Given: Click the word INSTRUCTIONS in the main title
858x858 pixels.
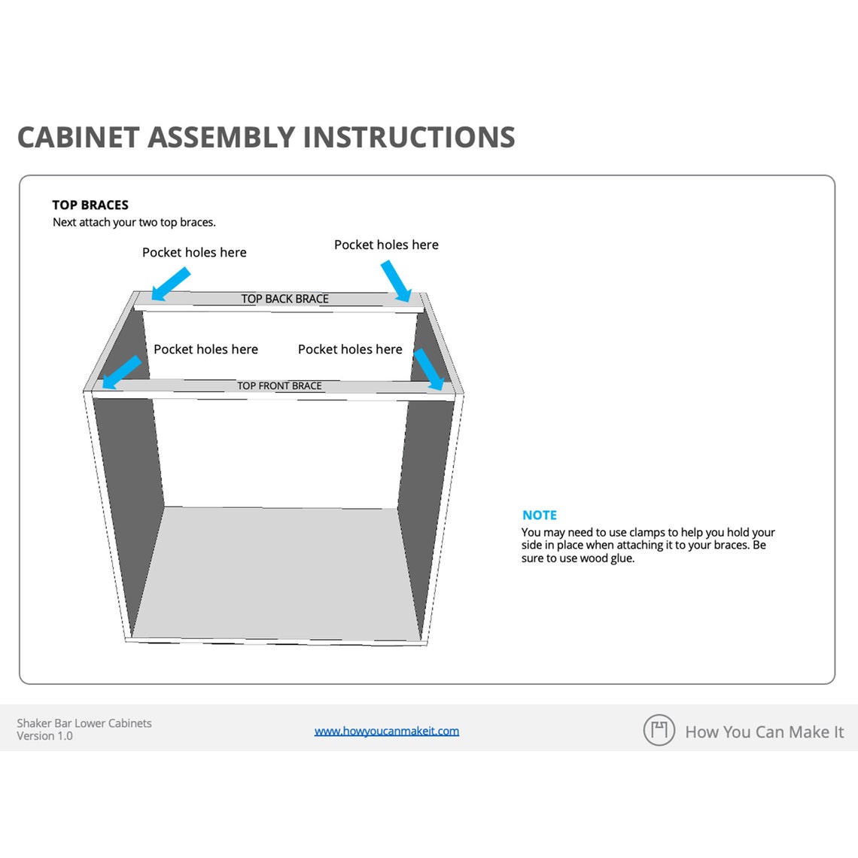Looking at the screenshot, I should [x=409, y=138].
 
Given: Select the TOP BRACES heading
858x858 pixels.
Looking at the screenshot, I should [x=90, y=205].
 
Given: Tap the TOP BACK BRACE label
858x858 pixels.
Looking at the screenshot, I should [x=284, y=299].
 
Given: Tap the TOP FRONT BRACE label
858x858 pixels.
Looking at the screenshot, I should [x=279, y=386].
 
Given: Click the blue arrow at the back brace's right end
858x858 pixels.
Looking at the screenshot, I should [x=396, y=281].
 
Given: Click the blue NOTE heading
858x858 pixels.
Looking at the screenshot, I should [x=540, y=516].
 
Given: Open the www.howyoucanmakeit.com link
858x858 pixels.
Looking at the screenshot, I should [x=386, y=731].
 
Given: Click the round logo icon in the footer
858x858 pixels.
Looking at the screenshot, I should [x=659, y=730].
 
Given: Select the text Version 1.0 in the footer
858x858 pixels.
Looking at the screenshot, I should [x=45, y=736].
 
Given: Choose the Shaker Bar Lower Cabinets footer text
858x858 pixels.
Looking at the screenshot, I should [x=84, y=723].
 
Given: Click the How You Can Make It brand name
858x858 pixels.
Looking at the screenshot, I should [x=764, y=732].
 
